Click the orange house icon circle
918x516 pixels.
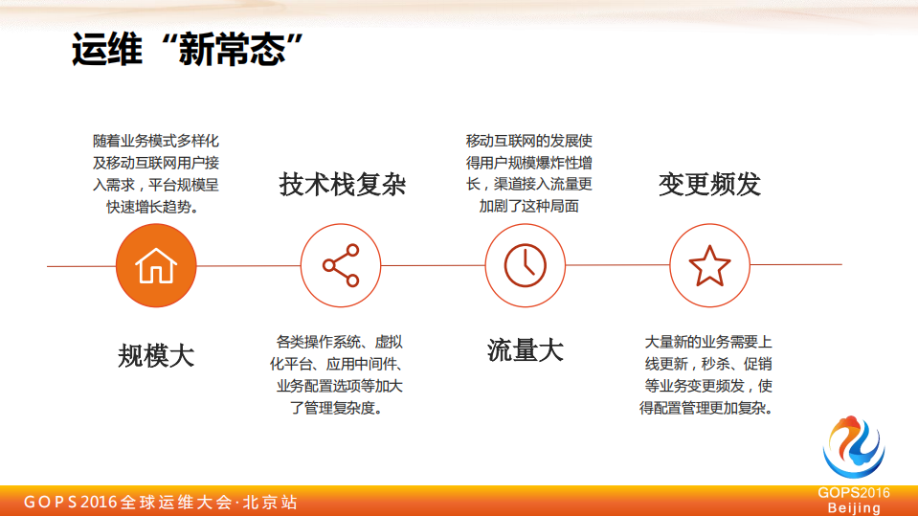pos(156,265)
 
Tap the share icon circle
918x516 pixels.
pos(341,265)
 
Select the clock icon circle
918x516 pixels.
pos(526,265)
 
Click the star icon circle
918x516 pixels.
pos(709,265)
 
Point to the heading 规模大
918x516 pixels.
pos(156,356)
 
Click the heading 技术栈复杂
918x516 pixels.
pos(342,184)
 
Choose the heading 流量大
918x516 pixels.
pos(526,350)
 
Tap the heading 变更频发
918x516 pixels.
pos(709,184)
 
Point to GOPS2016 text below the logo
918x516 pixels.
pos(854,493)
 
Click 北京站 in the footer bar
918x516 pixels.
pos(270,502)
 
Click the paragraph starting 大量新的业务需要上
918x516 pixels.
pos(708,374)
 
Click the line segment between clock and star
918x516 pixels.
pos(617,265)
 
